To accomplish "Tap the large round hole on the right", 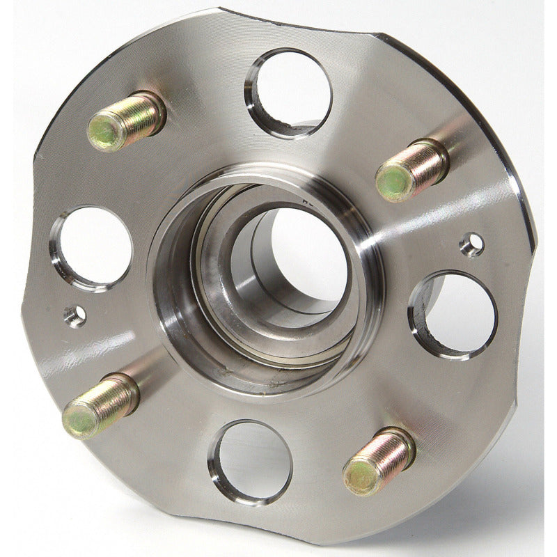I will pos(455,314).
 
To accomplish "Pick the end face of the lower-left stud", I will pos(78,419).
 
